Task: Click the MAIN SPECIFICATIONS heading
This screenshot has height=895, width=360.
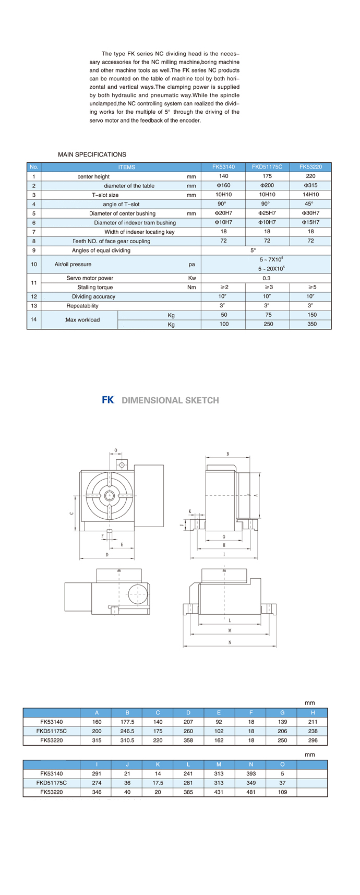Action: (x=92, y=154)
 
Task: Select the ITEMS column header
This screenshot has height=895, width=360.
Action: (x=126, y=167)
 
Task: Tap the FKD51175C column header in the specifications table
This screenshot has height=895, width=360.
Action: (x=267, y=167)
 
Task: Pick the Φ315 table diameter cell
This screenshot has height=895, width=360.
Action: (x=310, y=185)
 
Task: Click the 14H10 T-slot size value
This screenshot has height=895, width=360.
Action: (x=310, y=195)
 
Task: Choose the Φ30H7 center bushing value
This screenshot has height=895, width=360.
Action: (x=310, y=213)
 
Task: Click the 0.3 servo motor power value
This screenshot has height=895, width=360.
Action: (x=266, y=278)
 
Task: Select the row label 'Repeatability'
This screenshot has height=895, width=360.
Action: (x=82, y=306)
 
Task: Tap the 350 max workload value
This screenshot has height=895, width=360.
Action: (x=311, y=324)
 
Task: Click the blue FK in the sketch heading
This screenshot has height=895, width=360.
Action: (x=107, y=400)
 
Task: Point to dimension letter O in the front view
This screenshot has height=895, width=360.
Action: (x=115, y=450)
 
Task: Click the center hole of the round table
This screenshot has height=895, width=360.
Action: (x=109, y=496)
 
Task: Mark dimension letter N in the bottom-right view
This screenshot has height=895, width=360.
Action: (x=230, y=642)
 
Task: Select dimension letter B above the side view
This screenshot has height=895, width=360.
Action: (x=227, y=454)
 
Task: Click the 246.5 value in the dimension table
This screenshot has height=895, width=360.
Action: (x=127, y=731)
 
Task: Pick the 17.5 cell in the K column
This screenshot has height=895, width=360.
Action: (x=158, y=783)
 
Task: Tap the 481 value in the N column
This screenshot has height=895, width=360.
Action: (x=250, y=792)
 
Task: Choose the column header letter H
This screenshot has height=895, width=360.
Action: (x=313, y=712)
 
